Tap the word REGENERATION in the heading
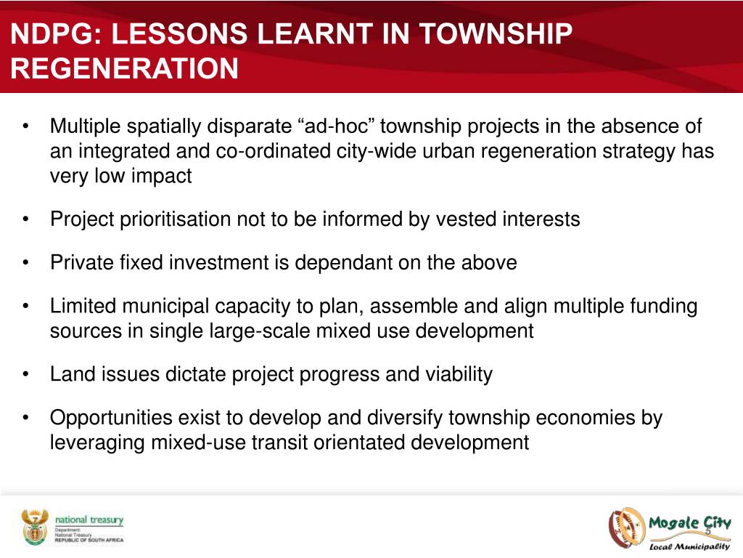[125, 68]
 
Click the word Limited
[83, 306]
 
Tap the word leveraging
[97, 442]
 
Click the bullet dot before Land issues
[26, 375]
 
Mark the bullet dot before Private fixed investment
[26, 263]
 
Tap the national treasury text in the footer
[89, 520]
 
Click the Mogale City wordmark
[689, 523]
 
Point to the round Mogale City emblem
[626, 527]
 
